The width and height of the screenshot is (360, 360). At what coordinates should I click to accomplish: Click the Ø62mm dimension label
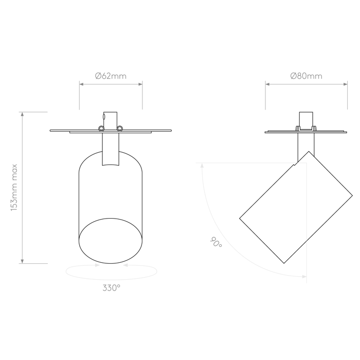point(111,76)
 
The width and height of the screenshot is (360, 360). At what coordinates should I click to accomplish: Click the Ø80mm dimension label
point(306,76)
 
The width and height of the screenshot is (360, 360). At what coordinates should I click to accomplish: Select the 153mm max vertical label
point(15,187)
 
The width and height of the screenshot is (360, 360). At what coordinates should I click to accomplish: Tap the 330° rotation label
point(111,288)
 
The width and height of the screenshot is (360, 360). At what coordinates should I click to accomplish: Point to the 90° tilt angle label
point(216,242)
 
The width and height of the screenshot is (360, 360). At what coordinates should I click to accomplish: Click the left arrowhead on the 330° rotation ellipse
point(97,265)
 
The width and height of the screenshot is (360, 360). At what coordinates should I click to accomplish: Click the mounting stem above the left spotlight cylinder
point(110,149)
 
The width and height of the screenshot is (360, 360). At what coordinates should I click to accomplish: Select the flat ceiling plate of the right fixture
point(306,132)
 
